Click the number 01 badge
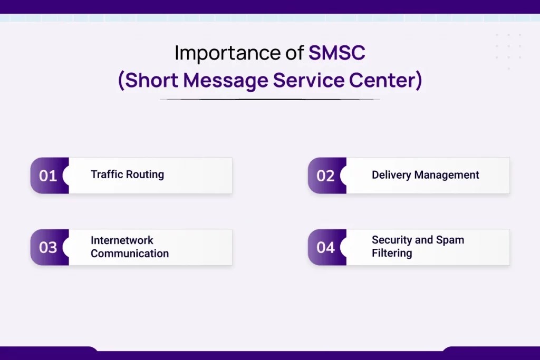click(x=48, y=176)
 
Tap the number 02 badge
click(x=325, y=176)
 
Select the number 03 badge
click(x=48, y=247)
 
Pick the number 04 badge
click(x=325, y=247)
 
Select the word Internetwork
click(x=122, y=240)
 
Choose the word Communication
click(x=130, y=254)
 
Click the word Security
click(x=392, y=240)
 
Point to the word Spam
click(x=450, y=241)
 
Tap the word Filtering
click(x=392, y=254)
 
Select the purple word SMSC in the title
click(x=337, y=53)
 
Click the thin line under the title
click(x=269, y=99)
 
